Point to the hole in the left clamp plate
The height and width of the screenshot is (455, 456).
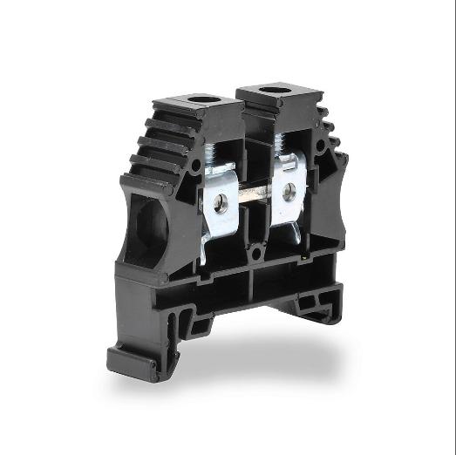point(221,203)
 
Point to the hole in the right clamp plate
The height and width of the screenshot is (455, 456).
point(289,193)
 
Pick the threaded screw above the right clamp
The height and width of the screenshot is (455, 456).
point(281,145)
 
